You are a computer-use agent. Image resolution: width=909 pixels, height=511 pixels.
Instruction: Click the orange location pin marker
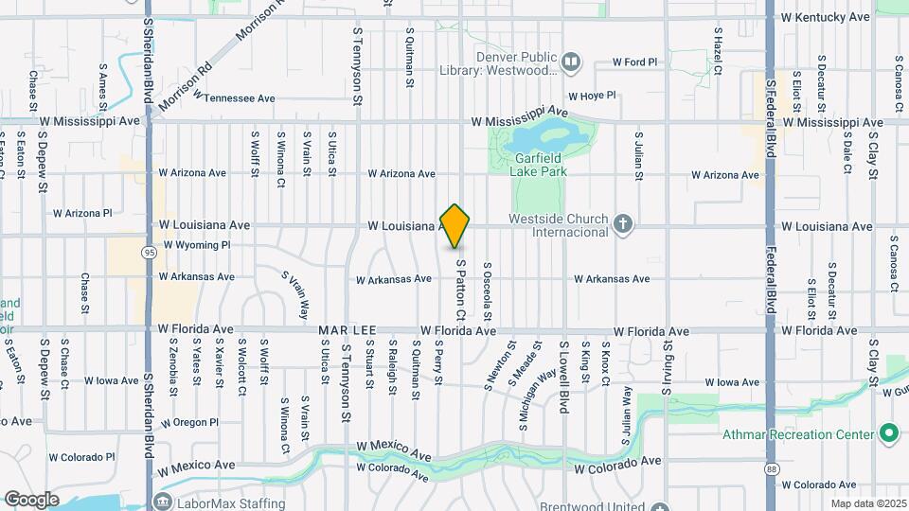tap(455, 226)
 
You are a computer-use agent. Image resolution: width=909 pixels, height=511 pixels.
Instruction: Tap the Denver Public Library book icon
tap(570, 63)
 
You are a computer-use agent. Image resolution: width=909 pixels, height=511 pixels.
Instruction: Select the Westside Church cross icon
tap(622, 225)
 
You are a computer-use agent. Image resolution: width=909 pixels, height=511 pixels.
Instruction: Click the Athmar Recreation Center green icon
tap(888, 434)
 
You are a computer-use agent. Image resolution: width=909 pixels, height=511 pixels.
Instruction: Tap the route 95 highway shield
tap(150, 252)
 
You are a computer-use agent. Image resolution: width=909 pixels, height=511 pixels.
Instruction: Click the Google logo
tap(31, 499)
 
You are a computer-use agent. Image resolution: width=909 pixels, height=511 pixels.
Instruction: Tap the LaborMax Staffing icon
tap(162, 500)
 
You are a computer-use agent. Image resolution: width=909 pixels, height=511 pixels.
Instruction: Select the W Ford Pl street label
tap(634, 62)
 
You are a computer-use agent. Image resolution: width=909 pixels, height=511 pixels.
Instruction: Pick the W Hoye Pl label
tap(592, 96)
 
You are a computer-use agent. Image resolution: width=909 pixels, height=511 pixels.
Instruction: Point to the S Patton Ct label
tap(460, 290)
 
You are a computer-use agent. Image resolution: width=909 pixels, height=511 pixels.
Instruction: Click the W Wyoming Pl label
tap(197, 245)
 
